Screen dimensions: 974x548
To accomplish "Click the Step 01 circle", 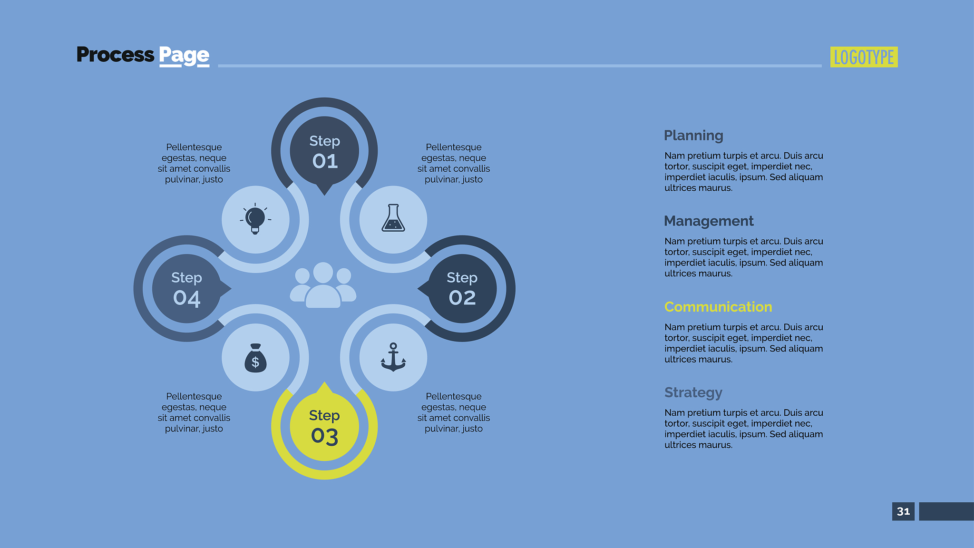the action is pyautogui.click(x=324, y=151).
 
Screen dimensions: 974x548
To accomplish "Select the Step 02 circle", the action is pyautogui.click(x=462, y=289).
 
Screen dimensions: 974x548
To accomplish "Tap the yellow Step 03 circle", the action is pyautogui.click(x=324, y=426).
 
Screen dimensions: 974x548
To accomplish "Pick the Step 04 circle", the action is pyautogui.click(x=187, y=289).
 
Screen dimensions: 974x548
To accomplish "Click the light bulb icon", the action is pyautogui.click(x=255, y=218).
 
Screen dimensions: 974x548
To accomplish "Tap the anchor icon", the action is pyautogui.click(x=393, y=357).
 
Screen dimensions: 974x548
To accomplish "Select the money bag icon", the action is pyautogui.click(x=255, y=358).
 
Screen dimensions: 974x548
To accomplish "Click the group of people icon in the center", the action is pyautogui.click(x=323, y=285).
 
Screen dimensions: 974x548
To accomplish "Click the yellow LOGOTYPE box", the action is pyautogui.click(x=864, y=57).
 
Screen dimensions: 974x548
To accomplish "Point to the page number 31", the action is pyautogui.click(x=903, y=511).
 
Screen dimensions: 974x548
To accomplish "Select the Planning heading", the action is pyautogui.click(x=693, y=136).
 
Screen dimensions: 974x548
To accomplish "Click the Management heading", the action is pyautogui.click(x=709, y=221).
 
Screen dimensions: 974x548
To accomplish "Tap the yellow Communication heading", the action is pyautogui.click(x=718, y=307).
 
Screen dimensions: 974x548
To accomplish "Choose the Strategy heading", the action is pyautogui.click(x=693, y=392).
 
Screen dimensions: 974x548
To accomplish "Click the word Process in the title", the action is pyautogui.click(x=115, y=55).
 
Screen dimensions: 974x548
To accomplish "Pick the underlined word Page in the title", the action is pyautogui.click(x=184, y=56).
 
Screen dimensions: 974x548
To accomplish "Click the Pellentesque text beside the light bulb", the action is pyautogui.click(x=194, y=163).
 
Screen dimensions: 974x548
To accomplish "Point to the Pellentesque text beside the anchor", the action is pyautogui.click(x=454, y=412).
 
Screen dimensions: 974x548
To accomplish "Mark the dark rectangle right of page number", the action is pyautogui.click(x=946, y=511).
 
